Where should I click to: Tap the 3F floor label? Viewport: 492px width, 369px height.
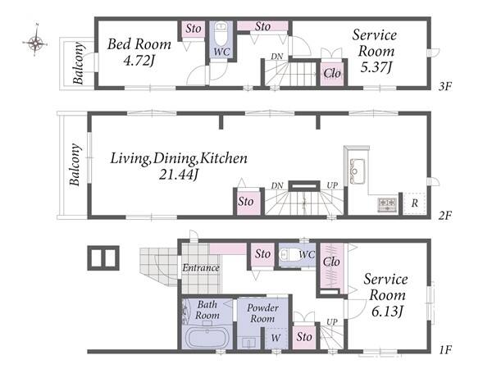click(445, 86)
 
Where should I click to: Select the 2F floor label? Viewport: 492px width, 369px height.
click(445, 216)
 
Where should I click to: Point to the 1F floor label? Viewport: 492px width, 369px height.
click(445, 349)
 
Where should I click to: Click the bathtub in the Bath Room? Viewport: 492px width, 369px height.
click(207, 338)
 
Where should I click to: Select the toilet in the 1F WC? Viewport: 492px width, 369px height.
click(287, 254)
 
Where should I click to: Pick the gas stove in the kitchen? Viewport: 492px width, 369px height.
click(388, 204)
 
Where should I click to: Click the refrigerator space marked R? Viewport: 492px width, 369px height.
click(414, 203)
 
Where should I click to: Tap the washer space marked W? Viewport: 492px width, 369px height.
click(276, 338)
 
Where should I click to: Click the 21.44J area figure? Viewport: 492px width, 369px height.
click(178, 175)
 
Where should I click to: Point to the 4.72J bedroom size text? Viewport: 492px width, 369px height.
click(139, 60)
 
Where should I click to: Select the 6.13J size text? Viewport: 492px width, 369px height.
click(387, 312)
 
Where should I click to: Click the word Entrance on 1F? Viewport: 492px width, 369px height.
click(201, 267)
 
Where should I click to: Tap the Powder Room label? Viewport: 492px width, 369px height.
click(262, 313)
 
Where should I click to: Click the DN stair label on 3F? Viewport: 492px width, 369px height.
click(277, 57)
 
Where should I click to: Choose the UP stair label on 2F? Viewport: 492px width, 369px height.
click(332, 185)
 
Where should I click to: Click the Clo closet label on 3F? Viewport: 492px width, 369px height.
click(332, 74)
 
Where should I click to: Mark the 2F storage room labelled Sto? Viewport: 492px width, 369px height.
click(246, 202)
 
